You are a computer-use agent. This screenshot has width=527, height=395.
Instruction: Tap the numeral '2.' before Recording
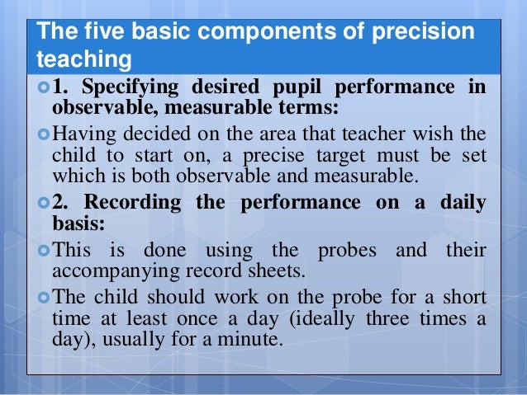[63, 204]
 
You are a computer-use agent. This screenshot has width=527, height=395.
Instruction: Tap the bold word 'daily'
[458, 204]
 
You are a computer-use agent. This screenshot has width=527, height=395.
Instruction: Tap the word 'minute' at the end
[253, 338]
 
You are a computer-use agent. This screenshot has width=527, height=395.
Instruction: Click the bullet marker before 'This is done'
[44, 250]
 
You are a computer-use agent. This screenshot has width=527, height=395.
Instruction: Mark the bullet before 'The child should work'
[44, 298]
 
